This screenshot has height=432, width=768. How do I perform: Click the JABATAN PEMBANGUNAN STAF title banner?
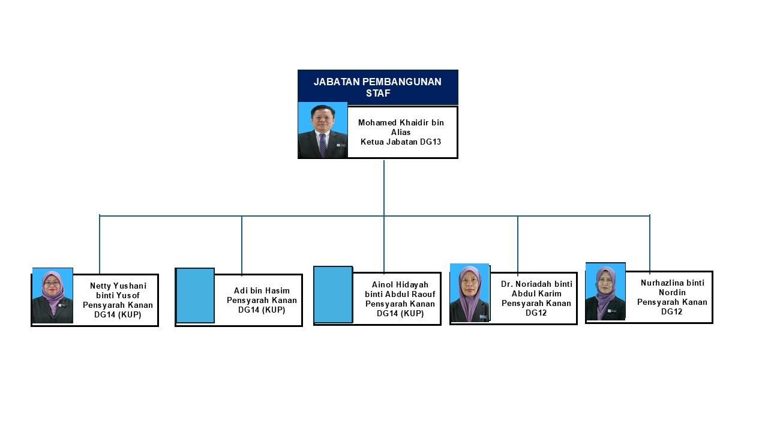tap(377, 87)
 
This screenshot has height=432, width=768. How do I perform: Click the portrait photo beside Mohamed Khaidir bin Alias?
tap(323, 130)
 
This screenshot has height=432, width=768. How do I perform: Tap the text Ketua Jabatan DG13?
tap(401, 142)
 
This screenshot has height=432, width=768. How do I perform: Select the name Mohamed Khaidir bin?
tap(401, 122)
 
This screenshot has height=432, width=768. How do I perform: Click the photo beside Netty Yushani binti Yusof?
tap(53, 295)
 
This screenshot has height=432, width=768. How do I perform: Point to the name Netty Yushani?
tap(118, 286)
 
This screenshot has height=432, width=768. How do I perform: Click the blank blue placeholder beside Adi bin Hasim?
tap(195, 295)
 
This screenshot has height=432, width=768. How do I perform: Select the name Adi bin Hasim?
tap(262, 291)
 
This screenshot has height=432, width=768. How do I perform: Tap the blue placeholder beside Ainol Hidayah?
tap(333, 295)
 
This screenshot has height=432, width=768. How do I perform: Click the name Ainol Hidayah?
tap(400, 284)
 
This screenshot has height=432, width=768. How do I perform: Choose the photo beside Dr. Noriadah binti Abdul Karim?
tap(470, 293)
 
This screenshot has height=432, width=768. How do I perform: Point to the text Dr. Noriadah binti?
tap(536, 284)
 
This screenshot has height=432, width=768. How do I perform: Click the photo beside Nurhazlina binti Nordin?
tap(605, 291)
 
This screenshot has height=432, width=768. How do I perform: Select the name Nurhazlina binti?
tap(672, 283)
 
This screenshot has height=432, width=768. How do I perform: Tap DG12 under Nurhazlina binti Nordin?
tap(672, 311)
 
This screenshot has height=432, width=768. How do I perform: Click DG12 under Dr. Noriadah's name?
tap(536, 313)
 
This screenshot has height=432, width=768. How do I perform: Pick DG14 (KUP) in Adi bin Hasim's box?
tap(262, 310)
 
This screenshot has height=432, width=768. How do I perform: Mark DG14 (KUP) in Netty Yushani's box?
tap(118, 314)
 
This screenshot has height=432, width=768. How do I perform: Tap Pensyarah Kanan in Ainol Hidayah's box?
tap(400, 304)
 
